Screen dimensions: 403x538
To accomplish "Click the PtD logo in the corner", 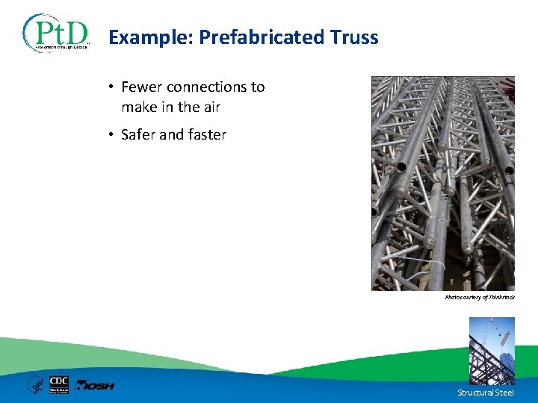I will point(57,33).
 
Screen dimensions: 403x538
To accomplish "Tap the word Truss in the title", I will point(354,37).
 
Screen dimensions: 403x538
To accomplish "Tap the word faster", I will point(206,135).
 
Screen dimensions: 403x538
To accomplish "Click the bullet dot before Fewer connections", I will point(110,87).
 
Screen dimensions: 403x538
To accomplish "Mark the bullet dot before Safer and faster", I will point(110,135).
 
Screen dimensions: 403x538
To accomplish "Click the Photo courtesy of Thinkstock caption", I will point(479,297).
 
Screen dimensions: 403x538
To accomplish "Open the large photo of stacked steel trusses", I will point(442,183).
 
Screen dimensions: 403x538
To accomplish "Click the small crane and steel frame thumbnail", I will point(492,350).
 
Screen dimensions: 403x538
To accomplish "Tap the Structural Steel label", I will point(486,393).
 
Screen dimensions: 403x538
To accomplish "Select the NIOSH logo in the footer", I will point(94,385).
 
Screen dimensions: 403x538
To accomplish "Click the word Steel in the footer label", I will point(504,393).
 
